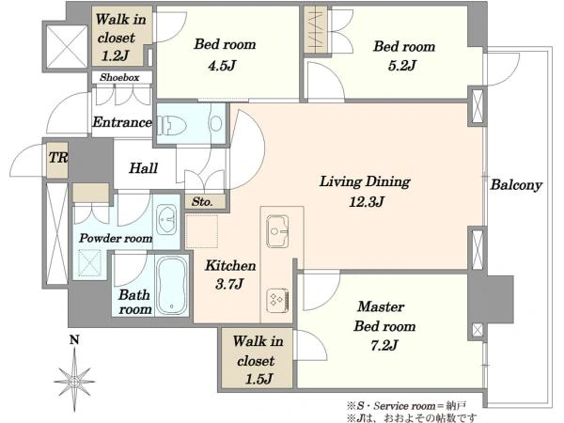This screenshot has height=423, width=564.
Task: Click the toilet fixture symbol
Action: tap(172, 125)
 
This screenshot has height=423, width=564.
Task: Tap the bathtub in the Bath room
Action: tap(172, 286)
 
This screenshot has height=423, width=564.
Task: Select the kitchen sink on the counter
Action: tap(277, 231)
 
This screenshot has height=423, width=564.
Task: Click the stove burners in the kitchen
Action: tap(277, 300)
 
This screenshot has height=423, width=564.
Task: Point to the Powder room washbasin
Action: tap(166, 220)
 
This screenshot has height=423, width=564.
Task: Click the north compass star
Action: tap(74, 380)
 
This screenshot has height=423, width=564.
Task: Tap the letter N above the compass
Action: tap(74, 339)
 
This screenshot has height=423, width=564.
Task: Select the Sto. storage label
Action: tap(202, 202)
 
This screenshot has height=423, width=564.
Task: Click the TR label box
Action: tap(58, 157)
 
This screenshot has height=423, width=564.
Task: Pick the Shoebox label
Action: tap(119, 77)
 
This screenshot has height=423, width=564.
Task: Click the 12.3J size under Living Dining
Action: tap(367, 201)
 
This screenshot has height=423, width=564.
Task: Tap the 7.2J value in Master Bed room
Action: tap(384, 345)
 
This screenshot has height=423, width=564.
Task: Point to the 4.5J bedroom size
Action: tap(222, 66)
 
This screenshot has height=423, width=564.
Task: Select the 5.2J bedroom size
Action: tap(402, 66)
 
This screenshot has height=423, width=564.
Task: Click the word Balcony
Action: tap(516, 185)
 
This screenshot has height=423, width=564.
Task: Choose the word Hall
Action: tap(144, 168)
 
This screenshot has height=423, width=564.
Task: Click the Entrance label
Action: tap(122, 122)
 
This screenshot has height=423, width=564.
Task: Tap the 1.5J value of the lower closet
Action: tap(258, 379)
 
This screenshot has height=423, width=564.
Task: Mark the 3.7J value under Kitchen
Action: tap(229, 284)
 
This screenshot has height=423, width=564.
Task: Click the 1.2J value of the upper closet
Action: tap(115, 55)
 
